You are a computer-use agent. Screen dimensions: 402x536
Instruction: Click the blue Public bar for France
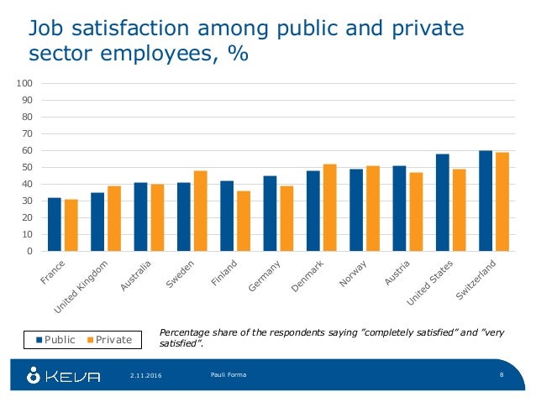tap(55, 224)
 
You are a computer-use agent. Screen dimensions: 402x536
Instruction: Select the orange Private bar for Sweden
tap(200, 211)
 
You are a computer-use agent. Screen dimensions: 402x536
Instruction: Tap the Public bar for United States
tap(442, 202)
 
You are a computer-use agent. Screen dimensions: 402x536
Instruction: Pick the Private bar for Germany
tap(286, 218)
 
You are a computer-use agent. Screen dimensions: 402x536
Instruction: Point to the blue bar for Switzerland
tap(486, 201)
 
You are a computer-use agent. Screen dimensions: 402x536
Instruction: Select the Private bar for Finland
tap(243, 221)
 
